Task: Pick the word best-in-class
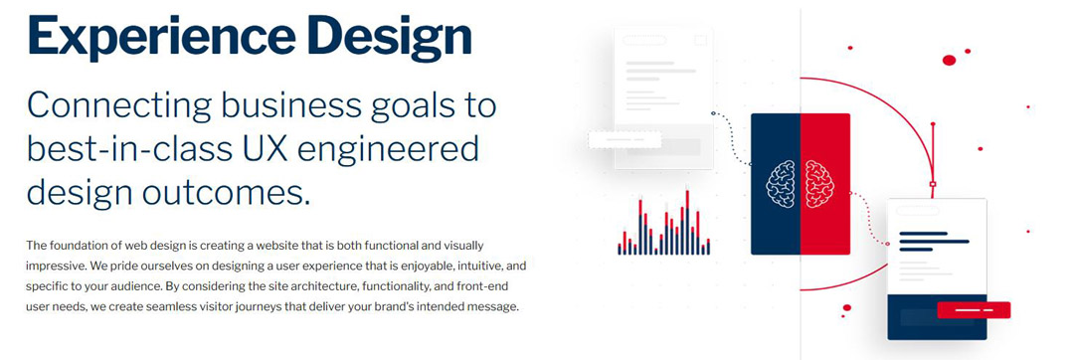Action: (x=133, y=149)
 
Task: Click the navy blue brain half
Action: (x=781, y=184)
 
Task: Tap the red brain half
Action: (x=819, y=184)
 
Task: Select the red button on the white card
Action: (x=974, y=309)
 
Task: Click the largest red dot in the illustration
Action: (x=949, y=61)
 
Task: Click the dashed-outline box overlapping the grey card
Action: (x=624, y=139)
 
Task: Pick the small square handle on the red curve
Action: (x=932, y=184)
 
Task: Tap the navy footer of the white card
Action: (x=937, y=317)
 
